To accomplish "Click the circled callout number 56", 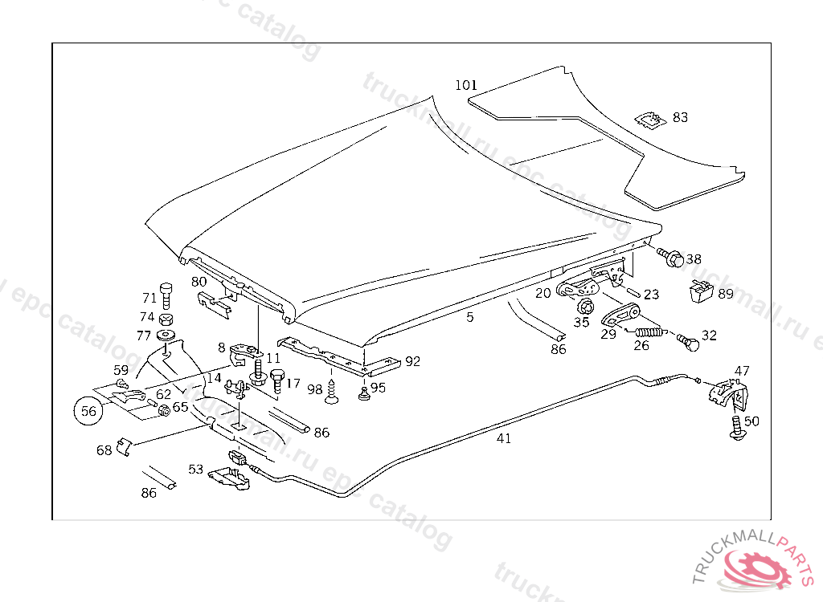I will click(88, 411).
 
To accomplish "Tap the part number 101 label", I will click(466, 85).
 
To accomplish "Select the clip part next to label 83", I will click(650, 120).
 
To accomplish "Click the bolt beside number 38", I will click(671, 258).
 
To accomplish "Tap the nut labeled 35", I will click(584, 306).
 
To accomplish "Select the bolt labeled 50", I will click(735, 426).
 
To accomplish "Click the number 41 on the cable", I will click(504, 438).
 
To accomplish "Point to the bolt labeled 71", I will click(166, 294).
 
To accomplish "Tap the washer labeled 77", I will click(166, 334).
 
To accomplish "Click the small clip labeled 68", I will click(123, 446).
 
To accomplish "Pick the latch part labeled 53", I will click(230, 476).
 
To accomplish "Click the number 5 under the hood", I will click(469, 318).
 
